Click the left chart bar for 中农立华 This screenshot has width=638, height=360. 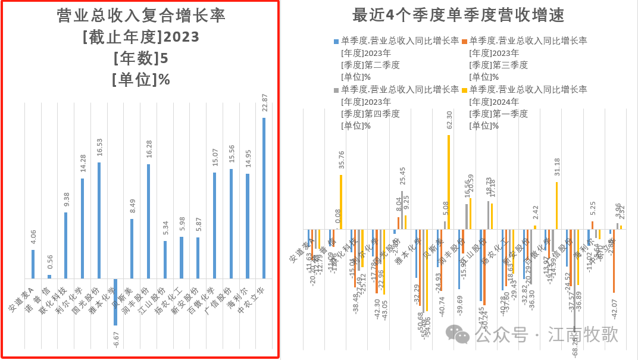tap(264, 198)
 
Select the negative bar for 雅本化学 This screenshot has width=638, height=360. tap(115, 302)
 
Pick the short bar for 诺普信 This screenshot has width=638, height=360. tap(49, 276)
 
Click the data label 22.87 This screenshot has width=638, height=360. tap(264, 102)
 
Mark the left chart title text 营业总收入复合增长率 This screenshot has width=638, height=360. tap(141, 16)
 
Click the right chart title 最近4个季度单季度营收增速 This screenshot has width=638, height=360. tap(459, 15)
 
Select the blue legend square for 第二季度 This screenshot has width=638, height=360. tap(336, 41)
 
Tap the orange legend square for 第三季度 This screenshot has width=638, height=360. tap(464, 41)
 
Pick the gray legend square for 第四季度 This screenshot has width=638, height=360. tap(336, 89)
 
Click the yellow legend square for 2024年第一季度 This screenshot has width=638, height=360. tap(464, 89)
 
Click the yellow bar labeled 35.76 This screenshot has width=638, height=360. tap(341, 202)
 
